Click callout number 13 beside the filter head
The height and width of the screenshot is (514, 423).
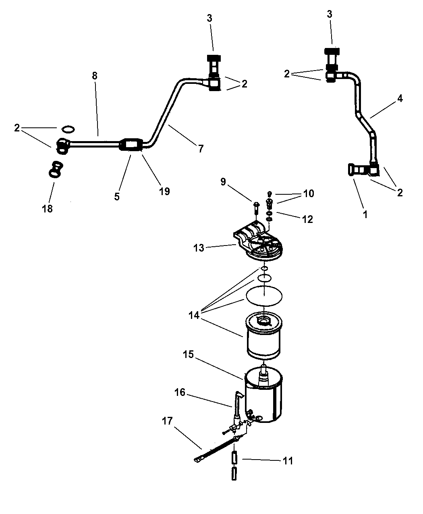[199, 248]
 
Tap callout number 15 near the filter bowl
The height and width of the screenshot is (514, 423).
[188, 354]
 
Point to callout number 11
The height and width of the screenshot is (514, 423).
[288, 461]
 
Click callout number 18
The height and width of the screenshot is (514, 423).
[47, 208]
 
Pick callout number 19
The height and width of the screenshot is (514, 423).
[164, 191]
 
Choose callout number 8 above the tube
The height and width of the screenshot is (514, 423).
[95, 75]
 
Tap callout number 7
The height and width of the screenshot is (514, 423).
[201, 148]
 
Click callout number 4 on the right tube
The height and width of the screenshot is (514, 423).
[400, 98]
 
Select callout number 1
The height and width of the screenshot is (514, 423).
[365, 214]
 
